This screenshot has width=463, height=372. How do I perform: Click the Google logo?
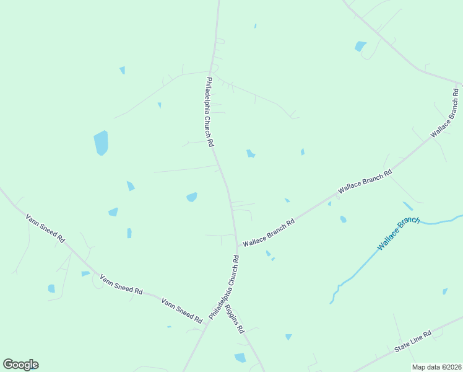pos(20,365)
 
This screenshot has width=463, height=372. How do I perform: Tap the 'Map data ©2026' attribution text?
pos(436,367)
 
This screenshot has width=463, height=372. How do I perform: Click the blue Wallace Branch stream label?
pos(399,233)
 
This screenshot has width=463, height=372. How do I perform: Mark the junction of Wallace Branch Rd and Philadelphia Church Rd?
pos(237,246)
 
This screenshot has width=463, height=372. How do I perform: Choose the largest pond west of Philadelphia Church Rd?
pos(101,143)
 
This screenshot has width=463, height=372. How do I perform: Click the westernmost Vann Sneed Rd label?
pos(45,228)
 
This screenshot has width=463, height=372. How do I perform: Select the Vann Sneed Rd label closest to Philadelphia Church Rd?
pos(182,311)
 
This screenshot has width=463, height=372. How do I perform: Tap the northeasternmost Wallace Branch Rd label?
pos(446,113)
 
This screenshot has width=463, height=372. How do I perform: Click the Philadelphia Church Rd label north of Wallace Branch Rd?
pos(210,112)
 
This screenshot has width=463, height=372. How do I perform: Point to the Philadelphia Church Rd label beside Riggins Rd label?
pos(223,286)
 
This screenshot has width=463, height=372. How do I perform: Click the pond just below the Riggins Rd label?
pos(240,358)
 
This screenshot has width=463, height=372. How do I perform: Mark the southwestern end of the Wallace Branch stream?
pos(331,303)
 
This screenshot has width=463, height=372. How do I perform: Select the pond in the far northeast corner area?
pos(360,46)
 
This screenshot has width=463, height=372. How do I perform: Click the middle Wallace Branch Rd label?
pos(365,183)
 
